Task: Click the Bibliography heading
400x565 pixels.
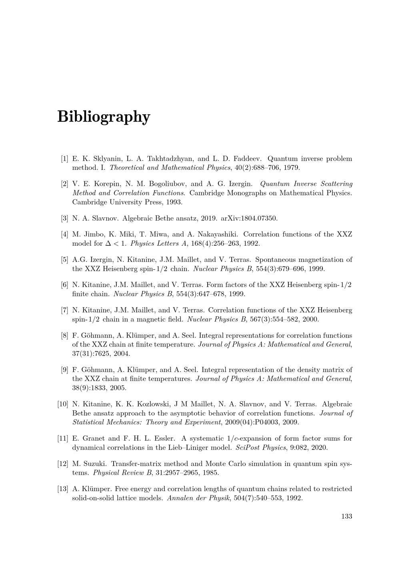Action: pyautogui.click(x=104, y=117)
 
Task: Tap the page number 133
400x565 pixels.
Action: pyautogui.click(x=346, y=516)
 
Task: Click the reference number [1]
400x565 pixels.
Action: pyautogui.click(x=64, y=159)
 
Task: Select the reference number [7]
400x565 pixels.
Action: pyautogui.click(x=64, y=310)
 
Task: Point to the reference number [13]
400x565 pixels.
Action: pyautogui.click(x=63, y=489)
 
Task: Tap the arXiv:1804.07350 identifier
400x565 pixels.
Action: pyautogui.click(x=249, y=218)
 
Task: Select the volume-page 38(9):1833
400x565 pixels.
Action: pyautogui.click(x=89, y=388)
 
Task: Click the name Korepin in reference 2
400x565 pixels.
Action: pyautogui.click(x=107, y=184)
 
